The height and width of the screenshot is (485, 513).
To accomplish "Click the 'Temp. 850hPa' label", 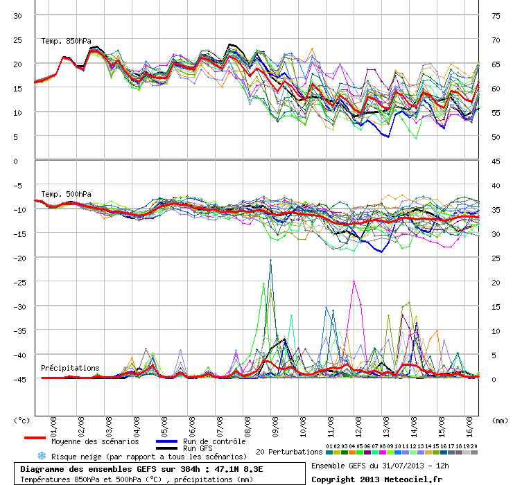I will (66, 40).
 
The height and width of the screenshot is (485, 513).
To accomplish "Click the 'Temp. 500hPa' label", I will (66, 194).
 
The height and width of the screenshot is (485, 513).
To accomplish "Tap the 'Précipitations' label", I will (69, 368).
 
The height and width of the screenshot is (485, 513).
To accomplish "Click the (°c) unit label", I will (22, 420).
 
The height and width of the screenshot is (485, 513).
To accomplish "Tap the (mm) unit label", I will (499, 420).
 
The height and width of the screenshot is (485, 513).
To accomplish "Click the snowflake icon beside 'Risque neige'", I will (42, 456).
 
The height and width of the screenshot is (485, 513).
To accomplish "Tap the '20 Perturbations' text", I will (289, 452).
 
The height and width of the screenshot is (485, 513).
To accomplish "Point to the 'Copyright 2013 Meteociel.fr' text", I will (376, 478).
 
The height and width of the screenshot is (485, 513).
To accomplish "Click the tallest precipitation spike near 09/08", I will (270, 261).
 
